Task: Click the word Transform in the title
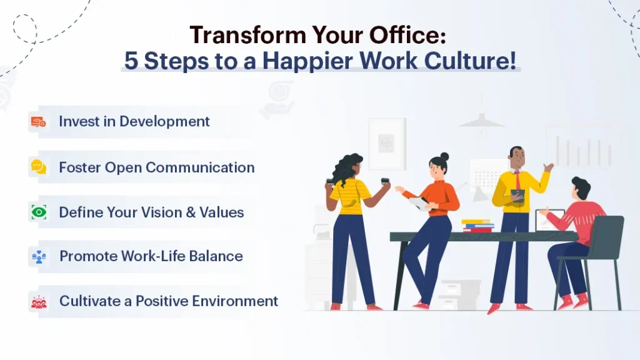247,35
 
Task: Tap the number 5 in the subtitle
131,61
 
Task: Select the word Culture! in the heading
470,61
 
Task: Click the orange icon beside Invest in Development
39,122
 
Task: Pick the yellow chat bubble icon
39,167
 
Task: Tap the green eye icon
39,212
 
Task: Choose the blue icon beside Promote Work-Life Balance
39,257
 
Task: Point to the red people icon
39,302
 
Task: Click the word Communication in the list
200,167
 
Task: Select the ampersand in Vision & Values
191,212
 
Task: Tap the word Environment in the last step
235,301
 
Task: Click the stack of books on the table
477,226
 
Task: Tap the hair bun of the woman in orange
444,156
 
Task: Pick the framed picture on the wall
386,144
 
